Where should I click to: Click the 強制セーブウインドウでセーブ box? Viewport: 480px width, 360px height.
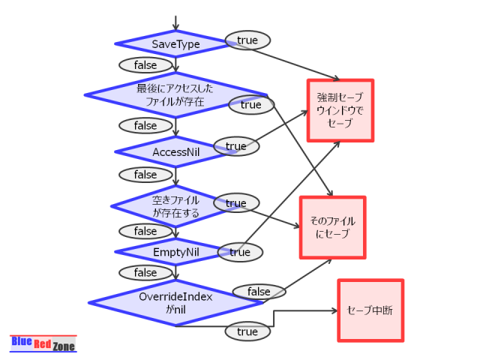340,110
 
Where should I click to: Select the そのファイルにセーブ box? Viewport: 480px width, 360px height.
332,227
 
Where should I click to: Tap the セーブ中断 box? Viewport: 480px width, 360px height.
370,310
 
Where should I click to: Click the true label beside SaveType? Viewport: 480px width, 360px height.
247,40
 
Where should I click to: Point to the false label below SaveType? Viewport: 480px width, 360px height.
145,65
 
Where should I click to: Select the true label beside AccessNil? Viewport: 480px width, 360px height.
236,146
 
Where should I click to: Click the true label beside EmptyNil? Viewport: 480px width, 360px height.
240,252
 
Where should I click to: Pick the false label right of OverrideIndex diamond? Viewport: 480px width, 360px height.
259,291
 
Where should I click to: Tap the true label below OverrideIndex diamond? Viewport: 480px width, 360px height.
247,331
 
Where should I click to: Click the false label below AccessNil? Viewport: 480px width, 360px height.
145,175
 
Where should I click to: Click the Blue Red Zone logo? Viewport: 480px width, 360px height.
43,343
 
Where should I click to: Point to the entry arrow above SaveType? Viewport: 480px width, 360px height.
175,22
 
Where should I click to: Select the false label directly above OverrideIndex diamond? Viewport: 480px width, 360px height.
145,272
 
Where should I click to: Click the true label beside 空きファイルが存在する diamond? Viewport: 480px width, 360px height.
236,202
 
